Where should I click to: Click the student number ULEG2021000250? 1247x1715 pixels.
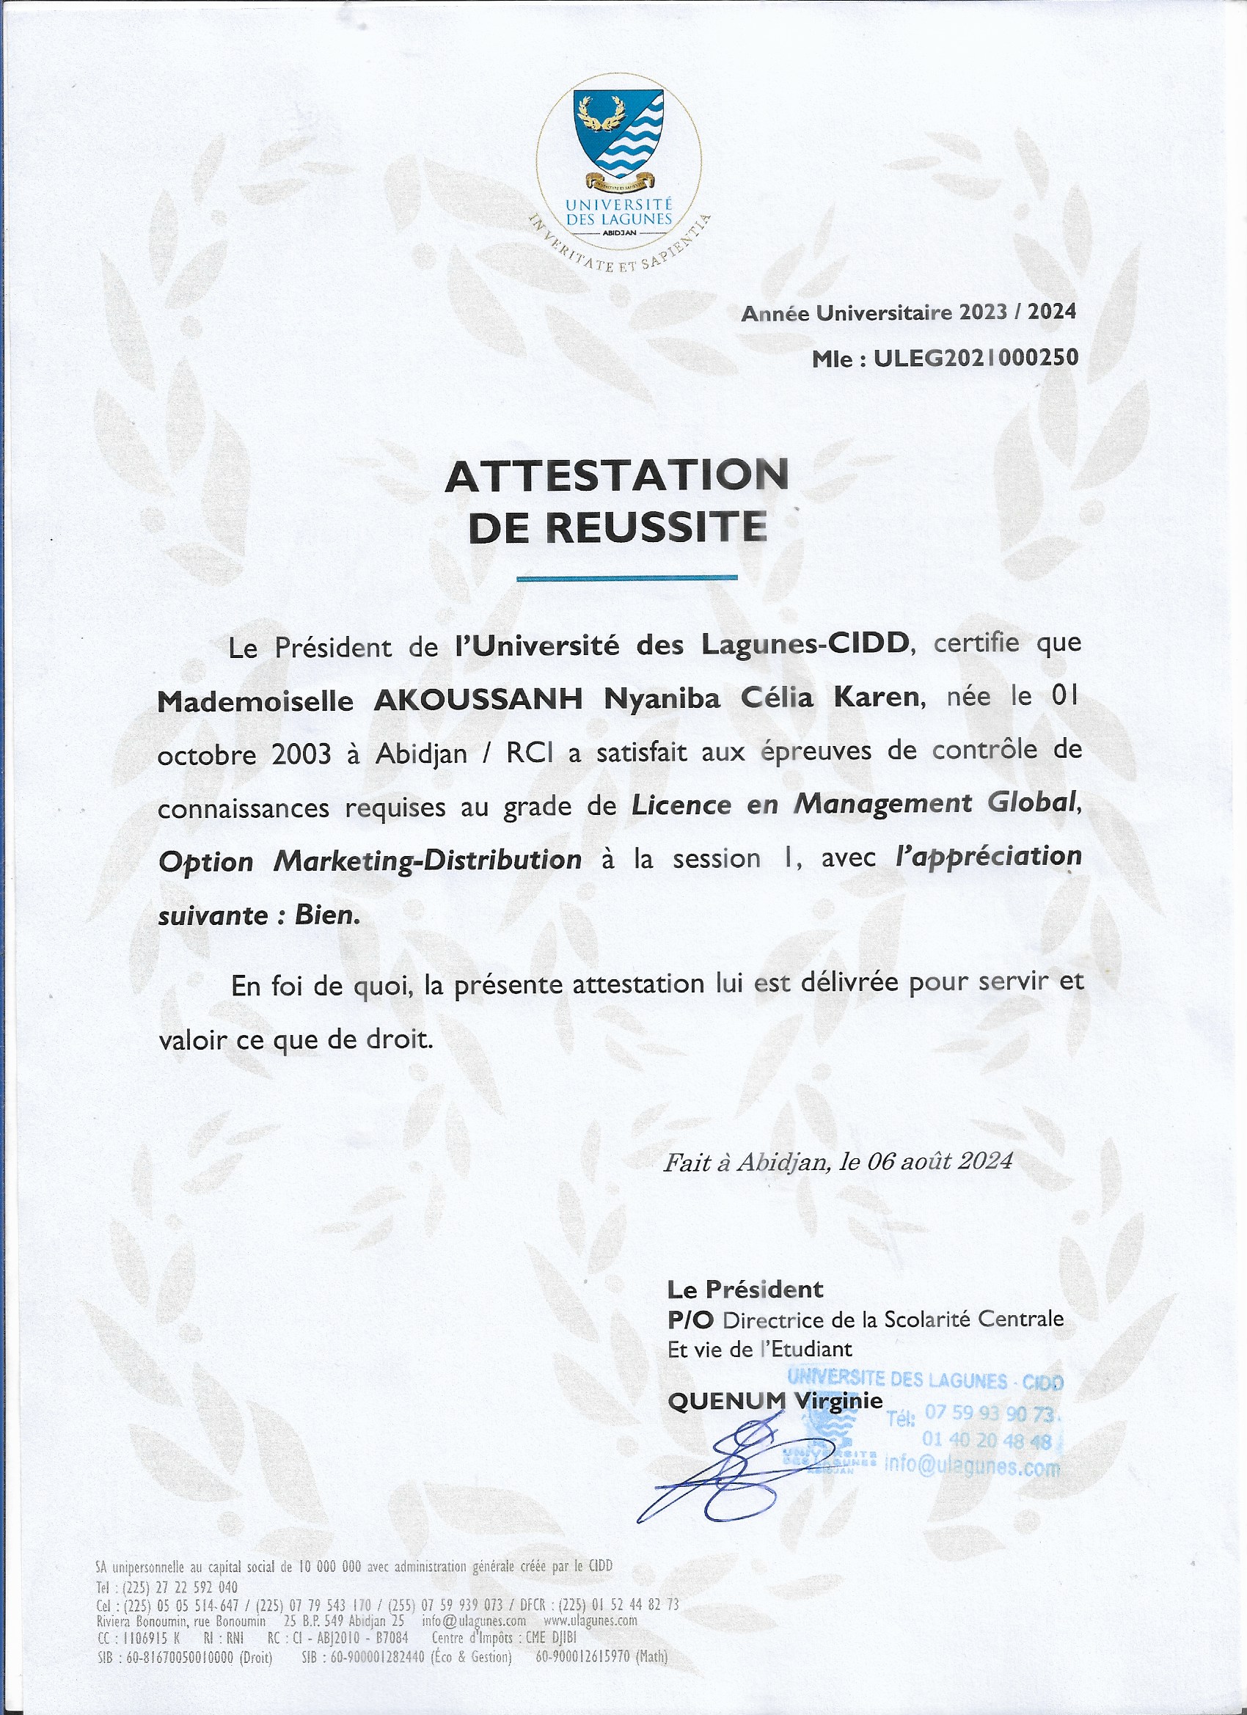coord(976,358)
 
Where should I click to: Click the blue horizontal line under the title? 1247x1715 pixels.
coord(626,578)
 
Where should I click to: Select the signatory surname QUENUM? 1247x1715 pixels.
coord(727,1401)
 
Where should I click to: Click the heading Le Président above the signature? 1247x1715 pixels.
coord(745,1288)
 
